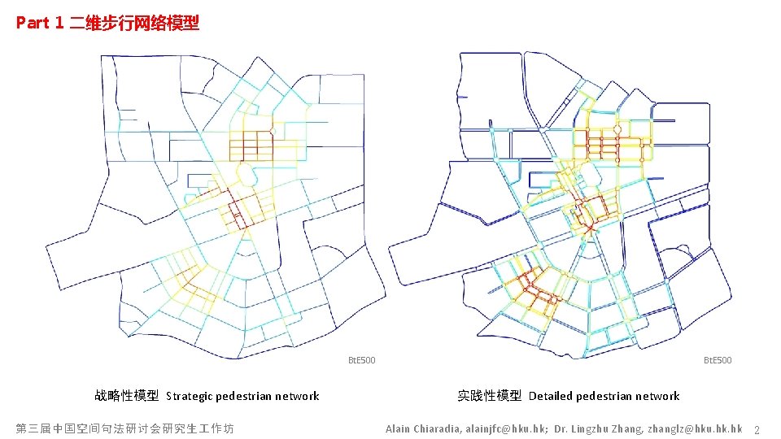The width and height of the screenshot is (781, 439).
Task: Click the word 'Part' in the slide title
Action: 33,23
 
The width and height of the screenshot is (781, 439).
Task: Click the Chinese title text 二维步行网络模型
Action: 133,23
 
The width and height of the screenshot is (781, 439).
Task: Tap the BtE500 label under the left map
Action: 362,360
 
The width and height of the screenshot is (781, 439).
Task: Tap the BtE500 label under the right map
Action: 718,360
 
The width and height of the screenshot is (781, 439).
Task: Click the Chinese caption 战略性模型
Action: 126,396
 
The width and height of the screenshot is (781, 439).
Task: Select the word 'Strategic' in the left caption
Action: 190,397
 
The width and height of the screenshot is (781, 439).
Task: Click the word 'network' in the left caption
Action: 298,397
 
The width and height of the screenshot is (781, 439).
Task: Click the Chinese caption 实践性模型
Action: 489,396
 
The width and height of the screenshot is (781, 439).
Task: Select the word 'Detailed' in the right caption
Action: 551,397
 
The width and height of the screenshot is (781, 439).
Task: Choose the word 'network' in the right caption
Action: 658,397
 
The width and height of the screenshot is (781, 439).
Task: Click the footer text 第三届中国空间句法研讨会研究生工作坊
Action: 124,428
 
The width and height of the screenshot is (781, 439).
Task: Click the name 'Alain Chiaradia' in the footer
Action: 422,428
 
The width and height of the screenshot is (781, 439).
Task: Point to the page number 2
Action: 757,429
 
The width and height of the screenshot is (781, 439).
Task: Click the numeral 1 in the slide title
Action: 59,23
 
